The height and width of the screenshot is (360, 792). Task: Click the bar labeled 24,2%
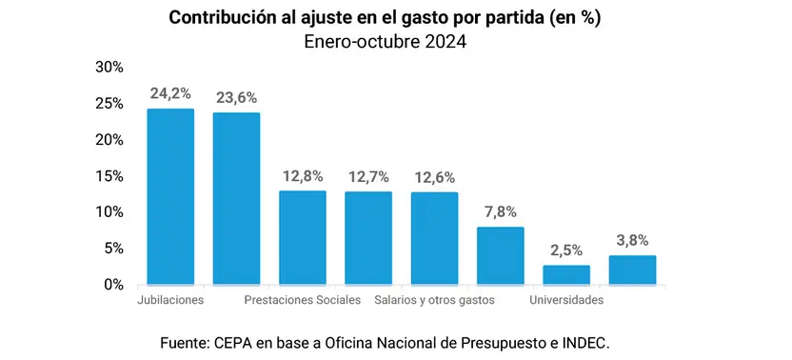(x=170, y=197)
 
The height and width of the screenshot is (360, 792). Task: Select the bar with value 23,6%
(x=236, y=199)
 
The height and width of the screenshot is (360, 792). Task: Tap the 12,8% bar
(x=303, y=238)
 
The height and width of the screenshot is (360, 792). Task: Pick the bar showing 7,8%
(x=501, y=256)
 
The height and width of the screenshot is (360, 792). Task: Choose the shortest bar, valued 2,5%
(x=566, y=275)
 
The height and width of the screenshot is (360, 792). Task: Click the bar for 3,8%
(x=632, y=270)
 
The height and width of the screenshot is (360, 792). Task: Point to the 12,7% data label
(x=368, y=177)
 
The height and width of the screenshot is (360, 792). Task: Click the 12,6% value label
(x=435, y=178)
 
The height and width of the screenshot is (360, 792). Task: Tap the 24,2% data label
(x=170, y=93)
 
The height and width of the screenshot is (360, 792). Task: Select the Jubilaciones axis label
(x=170, y=300)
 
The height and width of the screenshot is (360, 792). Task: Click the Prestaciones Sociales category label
(x=303, y=300)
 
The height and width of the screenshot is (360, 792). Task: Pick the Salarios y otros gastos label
(x=434, y=300)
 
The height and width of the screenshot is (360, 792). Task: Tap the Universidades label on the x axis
(x=566, y=300)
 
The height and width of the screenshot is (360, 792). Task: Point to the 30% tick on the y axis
(x=109, y=68)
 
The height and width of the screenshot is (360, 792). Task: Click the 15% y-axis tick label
(x=109, y=176)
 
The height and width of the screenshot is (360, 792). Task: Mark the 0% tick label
(x=113, y=285)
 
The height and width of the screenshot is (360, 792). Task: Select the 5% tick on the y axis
(x=113, y=249)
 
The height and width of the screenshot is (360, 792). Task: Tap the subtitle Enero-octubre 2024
(x=385, y=42)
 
